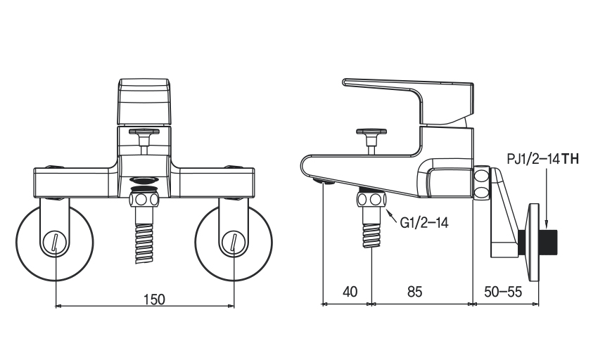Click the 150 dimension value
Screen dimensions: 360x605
[153, 299]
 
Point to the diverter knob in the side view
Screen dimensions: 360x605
[371, 131]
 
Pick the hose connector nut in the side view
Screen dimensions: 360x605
[371, 200]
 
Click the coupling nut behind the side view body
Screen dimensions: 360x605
[481, 183]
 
